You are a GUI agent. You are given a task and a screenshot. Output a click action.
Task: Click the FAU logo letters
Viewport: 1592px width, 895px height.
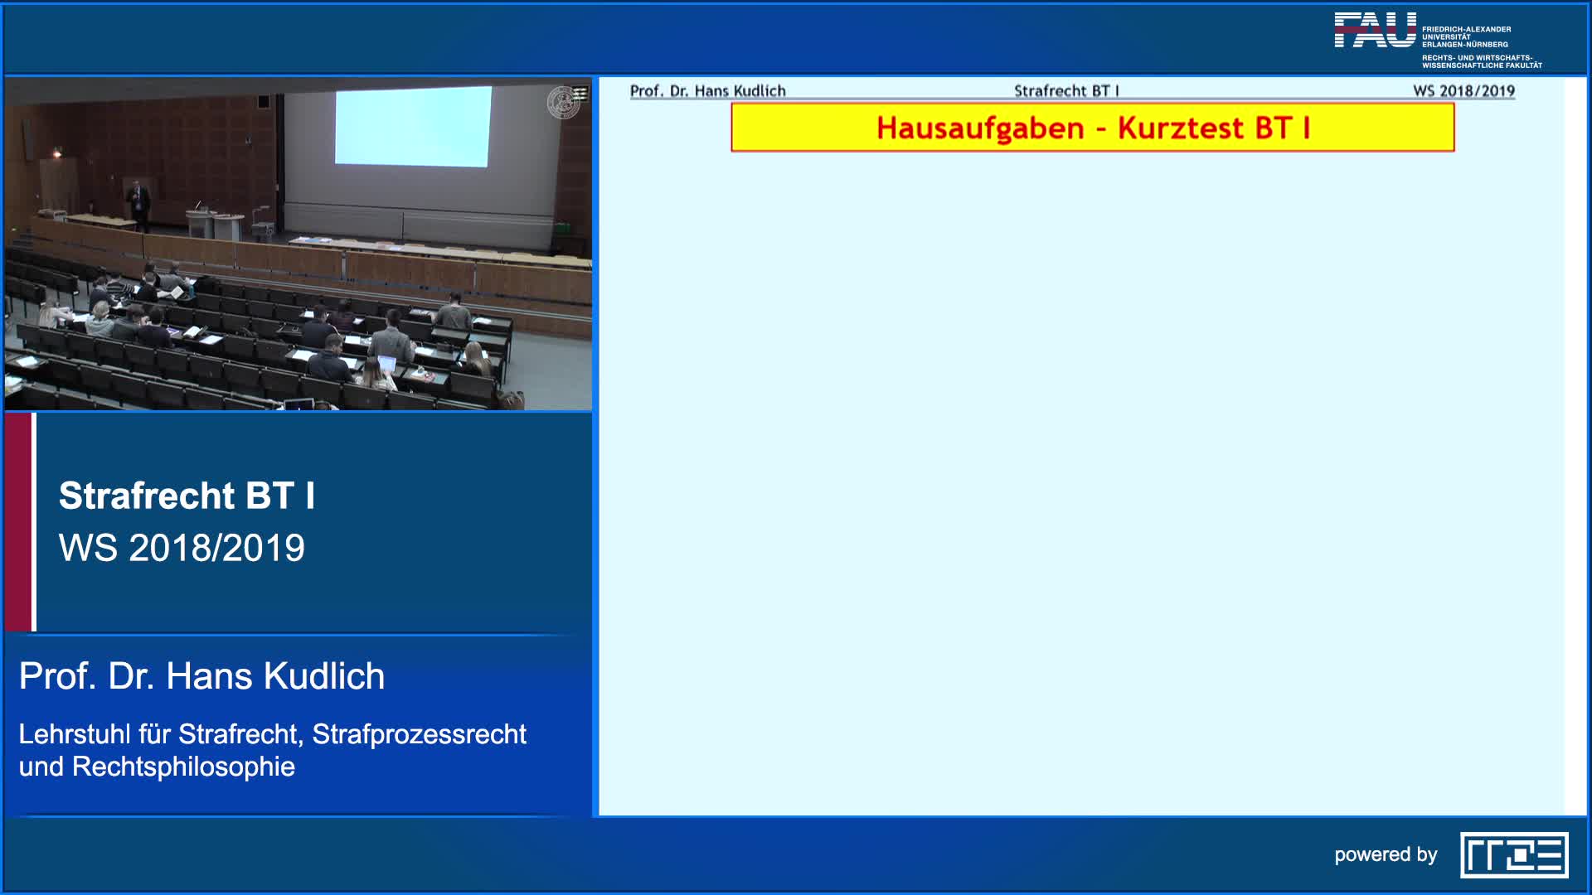pyautogui.click(x=1375, y=31)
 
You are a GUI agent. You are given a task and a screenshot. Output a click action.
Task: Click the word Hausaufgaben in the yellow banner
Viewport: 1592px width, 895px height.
pyautogui.click(x=980, y=128)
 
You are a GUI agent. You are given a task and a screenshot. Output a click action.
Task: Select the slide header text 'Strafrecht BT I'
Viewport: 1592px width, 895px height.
pyautogui.click(x=1066, y=91)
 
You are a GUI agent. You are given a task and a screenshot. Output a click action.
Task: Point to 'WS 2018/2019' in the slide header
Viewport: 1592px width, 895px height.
pyautogui.click(x=1463, y=91)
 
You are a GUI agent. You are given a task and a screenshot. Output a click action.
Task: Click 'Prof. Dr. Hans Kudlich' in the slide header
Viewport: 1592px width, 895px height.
pyautogui.click(x=707, y=91)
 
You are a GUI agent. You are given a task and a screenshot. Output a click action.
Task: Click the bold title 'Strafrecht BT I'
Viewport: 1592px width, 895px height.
pyautogui.click(x=187, y=496)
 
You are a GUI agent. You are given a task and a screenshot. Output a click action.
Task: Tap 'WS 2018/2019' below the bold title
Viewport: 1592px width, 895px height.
pyautogui.click(x=182, y=548)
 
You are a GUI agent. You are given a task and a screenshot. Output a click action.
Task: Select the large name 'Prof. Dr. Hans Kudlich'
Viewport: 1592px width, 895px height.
pyautogui.click(x=201, y=676)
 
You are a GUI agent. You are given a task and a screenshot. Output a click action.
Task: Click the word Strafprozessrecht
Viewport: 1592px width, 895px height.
pyautogui.click(x=419, y=734)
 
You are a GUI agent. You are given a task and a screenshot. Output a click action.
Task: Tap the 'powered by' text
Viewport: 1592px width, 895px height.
pyautogui.click(x=1386, y=854)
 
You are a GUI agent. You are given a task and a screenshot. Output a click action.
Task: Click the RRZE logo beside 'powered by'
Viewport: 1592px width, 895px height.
pyautogui.click(x=1514, y=854)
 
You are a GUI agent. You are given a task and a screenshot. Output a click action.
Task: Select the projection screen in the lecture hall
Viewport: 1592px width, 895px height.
pyautogui.click(x=412, y=126)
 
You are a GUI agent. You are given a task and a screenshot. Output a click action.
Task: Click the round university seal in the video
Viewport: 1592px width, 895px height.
pyautogui.click(x=564, y=102)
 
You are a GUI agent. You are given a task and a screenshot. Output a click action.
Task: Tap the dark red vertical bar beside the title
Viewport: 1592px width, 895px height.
pyautogui.click(x=17, y=522)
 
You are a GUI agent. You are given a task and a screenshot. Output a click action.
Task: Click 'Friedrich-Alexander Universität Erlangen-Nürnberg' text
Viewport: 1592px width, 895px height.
pyautogui.click(x=1466, y=36)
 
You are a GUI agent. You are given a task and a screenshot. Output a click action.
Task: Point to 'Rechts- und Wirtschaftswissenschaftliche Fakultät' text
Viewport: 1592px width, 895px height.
pyautogui.click(x=1482, y=61)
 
